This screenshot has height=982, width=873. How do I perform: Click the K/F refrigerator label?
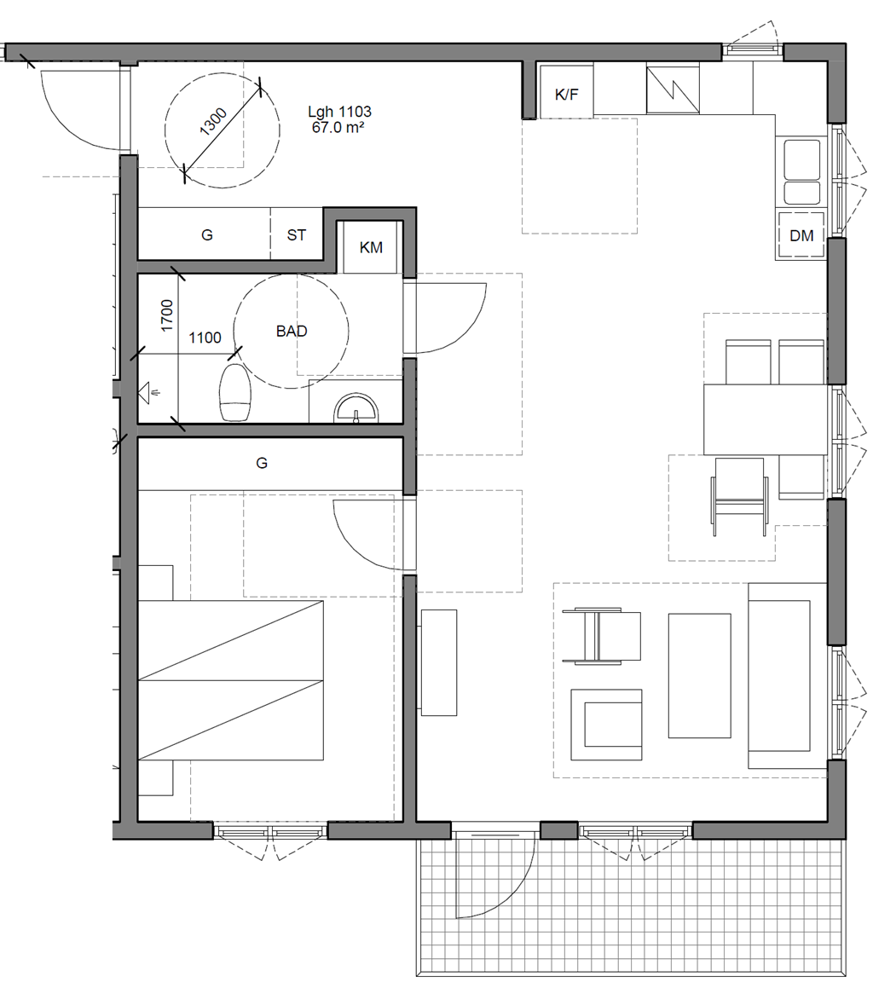pos(566,95)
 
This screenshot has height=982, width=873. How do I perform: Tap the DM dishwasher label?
pos(801,235)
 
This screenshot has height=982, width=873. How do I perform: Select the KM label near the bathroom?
pos(371,247)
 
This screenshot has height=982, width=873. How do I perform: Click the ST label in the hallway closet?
pos(296,235)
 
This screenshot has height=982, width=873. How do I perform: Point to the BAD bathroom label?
pos(292,331)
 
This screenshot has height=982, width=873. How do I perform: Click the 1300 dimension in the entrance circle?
pos(213,122)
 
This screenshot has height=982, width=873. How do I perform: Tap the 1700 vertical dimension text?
pos(166,315)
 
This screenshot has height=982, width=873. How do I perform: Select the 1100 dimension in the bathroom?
pos(205,338)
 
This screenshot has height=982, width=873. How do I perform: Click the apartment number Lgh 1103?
pos(339,112)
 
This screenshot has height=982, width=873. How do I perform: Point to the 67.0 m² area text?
pos(338,127)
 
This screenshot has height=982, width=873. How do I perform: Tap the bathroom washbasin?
pos(356,407)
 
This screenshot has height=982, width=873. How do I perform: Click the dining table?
pos(766,419)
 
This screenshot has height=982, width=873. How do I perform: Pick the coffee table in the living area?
pos(700,676)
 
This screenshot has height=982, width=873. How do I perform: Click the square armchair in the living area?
pos(606,725)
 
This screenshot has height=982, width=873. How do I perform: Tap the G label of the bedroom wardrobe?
pos(262,463)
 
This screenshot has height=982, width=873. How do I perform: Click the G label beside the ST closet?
pos(206,235)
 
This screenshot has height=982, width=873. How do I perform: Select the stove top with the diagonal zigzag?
pos(673,90)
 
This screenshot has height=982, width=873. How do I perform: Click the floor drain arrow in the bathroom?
pos(149,393)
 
